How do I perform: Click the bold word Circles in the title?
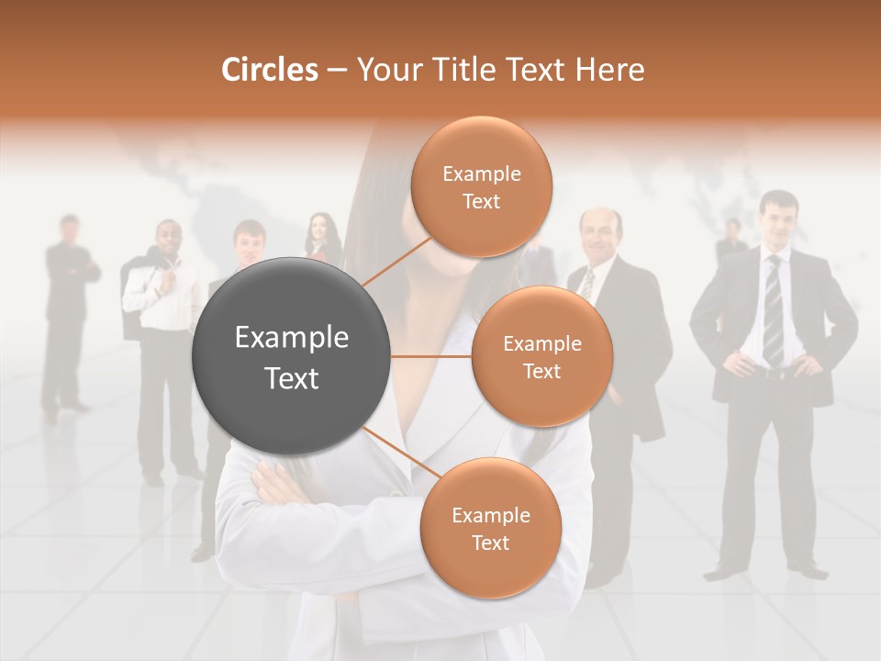coord(269,70)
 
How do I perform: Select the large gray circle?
coord(292,356)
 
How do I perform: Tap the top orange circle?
coord(481,186)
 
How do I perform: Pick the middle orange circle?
coord(541,356)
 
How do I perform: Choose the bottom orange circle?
coord(490,528)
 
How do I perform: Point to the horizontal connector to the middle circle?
coord(431,356)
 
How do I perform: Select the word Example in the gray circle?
coord(292,338)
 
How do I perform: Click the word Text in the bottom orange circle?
coord(490,543)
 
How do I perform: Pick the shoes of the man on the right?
coord(762,571)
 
